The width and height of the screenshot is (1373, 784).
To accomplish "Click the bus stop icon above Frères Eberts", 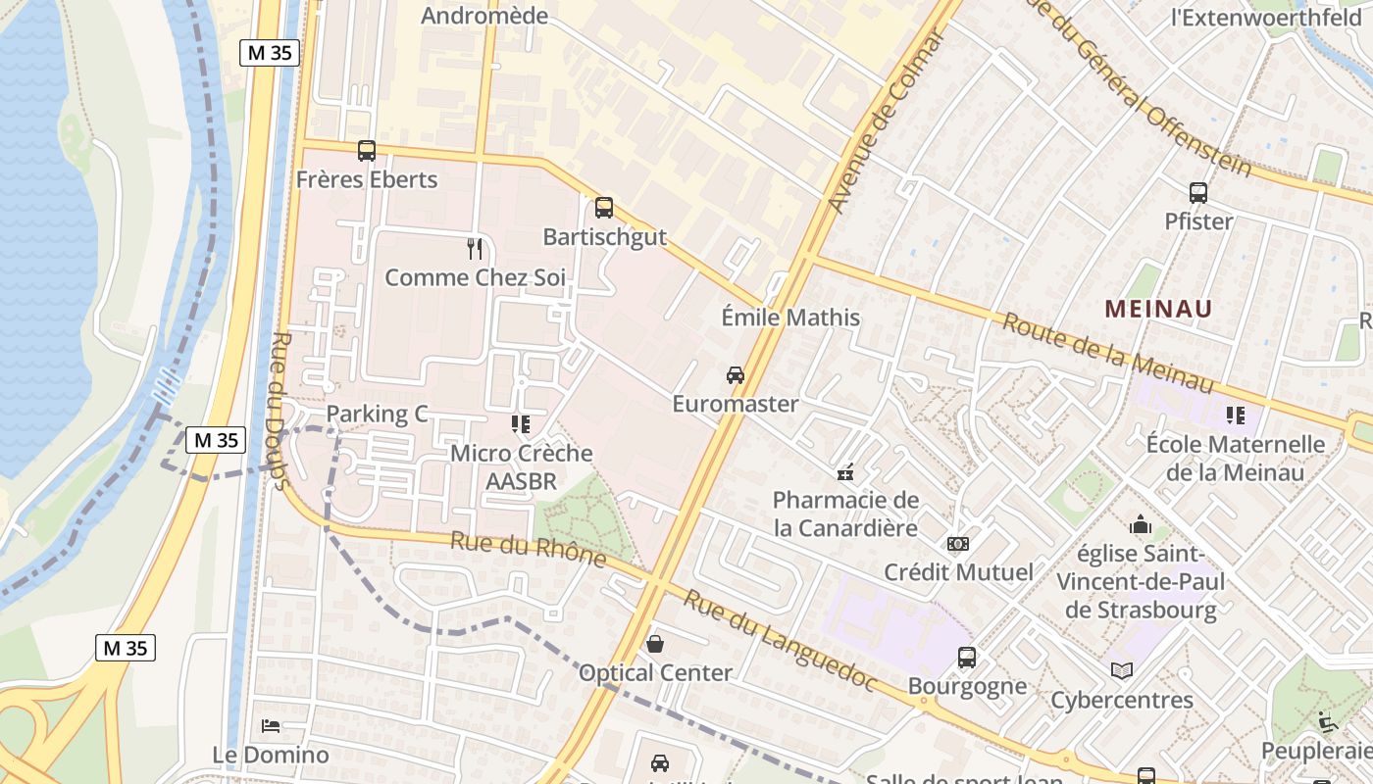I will point(367,151).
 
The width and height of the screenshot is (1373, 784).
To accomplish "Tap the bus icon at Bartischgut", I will point(604,208).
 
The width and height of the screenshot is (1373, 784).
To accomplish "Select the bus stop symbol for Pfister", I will point(1198,193).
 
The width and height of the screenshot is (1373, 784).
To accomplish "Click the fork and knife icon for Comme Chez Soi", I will point(475,249).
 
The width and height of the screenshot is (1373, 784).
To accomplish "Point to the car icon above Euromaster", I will point(735,375).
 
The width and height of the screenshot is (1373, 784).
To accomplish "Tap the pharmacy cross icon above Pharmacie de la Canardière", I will point(845,473).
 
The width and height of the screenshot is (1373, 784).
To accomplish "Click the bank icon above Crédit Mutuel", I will point(958,544).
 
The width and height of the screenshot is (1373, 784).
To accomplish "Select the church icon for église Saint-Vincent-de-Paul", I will point(1140,525).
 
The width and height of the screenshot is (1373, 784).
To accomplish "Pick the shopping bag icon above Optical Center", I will point(655,644).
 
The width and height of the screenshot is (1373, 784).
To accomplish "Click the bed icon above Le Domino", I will point(271,726).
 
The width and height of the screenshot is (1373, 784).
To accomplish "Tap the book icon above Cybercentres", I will point(1122,671).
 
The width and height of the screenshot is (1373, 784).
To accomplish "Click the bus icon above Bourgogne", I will point(967,658).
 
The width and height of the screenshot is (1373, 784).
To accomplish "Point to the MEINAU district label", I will point(1158,309).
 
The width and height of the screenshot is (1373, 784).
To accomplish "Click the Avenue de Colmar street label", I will point(887,122).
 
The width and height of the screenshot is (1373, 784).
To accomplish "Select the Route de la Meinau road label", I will point(1107,353).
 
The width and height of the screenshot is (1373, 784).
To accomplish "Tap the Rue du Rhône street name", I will point(528,549).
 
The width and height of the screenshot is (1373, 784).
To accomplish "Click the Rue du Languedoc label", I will point(780,640).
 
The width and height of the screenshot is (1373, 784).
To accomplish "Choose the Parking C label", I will point(378,414).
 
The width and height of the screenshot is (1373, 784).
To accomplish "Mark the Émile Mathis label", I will point(790,318).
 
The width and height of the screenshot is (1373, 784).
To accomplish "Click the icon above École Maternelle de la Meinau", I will point(1235,416).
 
